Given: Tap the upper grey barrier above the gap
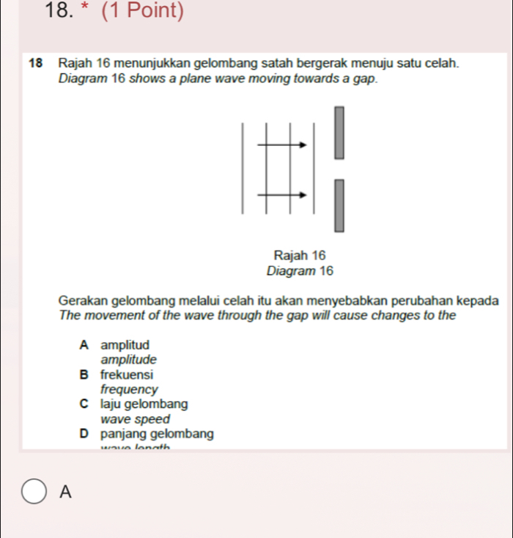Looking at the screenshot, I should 339,133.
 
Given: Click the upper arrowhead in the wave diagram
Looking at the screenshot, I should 302,144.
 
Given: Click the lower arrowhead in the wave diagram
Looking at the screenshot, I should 302,195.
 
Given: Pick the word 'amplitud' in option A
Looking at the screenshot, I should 125,344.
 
